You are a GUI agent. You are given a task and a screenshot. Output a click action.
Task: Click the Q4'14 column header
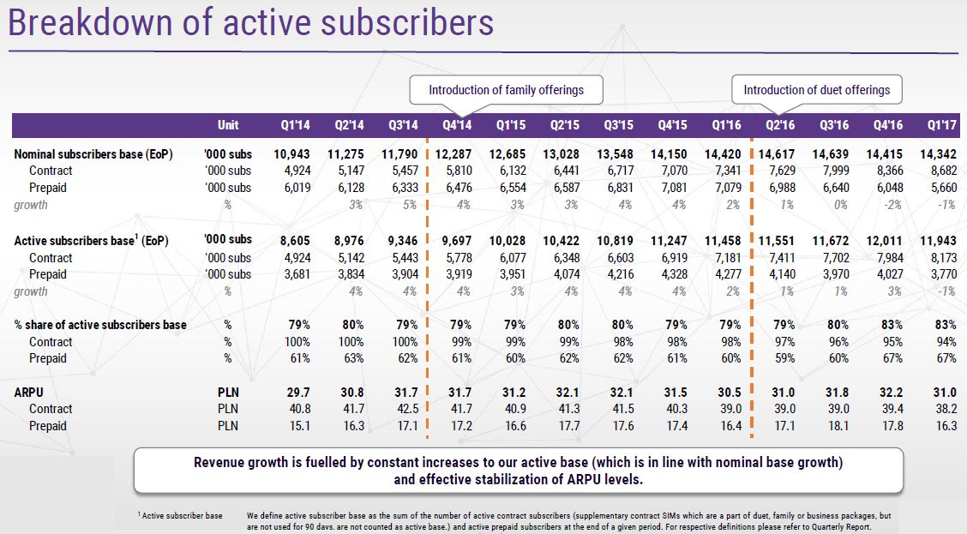pos(457,125)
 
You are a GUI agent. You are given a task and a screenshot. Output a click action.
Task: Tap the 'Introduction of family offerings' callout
pos(506,90)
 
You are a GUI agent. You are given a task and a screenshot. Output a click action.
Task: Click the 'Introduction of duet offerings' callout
pos(816,90)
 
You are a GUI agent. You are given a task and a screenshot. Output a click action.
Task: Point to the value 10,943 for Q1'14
pos(291,154)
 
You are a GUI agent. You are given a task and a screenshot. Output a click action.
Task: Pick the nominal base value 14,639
pos(831,154)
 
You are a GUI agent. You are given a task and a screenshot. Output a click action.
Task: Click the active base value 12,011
pos(885,241)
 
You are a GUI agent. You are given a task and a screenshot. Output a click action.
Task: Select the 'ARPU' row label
pos(31,392)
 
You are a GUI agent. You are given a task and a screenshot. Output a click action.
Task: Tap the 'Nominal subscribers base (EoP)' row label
pos(93,154)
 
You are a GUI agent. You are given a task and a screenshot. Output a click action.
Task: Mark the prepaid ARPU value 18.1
pos(835,425)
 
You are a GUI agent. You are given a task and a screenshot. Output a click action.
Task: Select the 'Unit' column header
pos(227,125)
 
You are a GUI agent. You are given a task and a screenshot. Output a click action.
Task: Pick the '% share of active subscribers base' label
pos(100,325)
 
